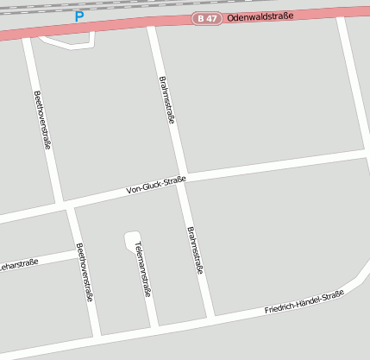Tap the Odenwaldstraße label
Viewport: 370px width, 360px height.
(260, 16)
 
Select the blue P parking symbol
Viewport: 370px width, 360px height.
(79, 16)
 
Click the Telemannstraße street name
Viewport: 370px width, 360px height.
(142, 268)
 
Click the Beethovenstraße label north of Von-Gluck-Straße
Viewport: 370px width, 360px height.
(41, 120)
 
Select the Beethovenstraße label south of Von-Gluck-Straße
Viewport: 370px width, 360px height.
(85, 272)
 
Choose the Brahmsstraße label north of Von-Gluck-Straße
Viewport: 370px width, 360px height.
(167, 100)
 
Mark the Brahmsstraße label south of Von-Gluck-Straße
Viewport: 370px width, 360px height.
(195, 250)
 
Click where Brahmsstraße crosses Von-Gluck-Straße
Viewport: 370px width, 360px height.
(182, 180)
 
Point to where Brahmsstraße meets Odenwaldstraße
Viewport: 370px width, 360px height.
(151, 26)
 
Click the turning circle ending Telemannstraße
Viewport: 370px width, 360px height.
(131, 240)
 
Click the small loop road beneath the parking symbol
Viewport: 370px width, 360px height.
(67, 41)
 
